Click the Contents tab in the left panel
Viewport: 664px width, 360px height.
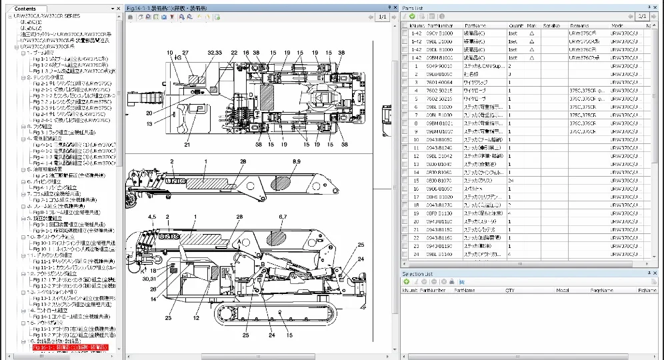coord(25,9)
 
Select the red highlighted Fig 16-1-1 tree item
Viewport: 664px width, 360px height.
coord(70,347)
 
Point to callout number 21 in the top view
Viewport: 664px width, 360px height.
coord(187,144)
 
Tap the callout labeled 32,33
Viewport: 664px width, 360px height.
coord(215,52)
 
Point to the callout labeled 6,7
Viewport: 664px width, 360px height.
coord(282,217)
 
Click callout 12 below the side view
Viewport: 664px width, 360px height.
coord(197,318)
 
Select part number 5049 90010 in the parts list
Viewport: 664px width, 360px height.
coord(439,66)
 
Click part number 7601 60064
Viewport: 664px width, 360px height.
coord(439,82)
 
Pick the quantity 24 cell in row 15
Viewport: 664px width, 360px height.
coord(511,181)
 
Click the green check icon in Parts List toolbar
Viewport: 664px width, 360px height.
coord(413,16)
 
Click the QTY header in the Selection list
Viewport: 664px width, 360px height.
coord(510,291)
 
